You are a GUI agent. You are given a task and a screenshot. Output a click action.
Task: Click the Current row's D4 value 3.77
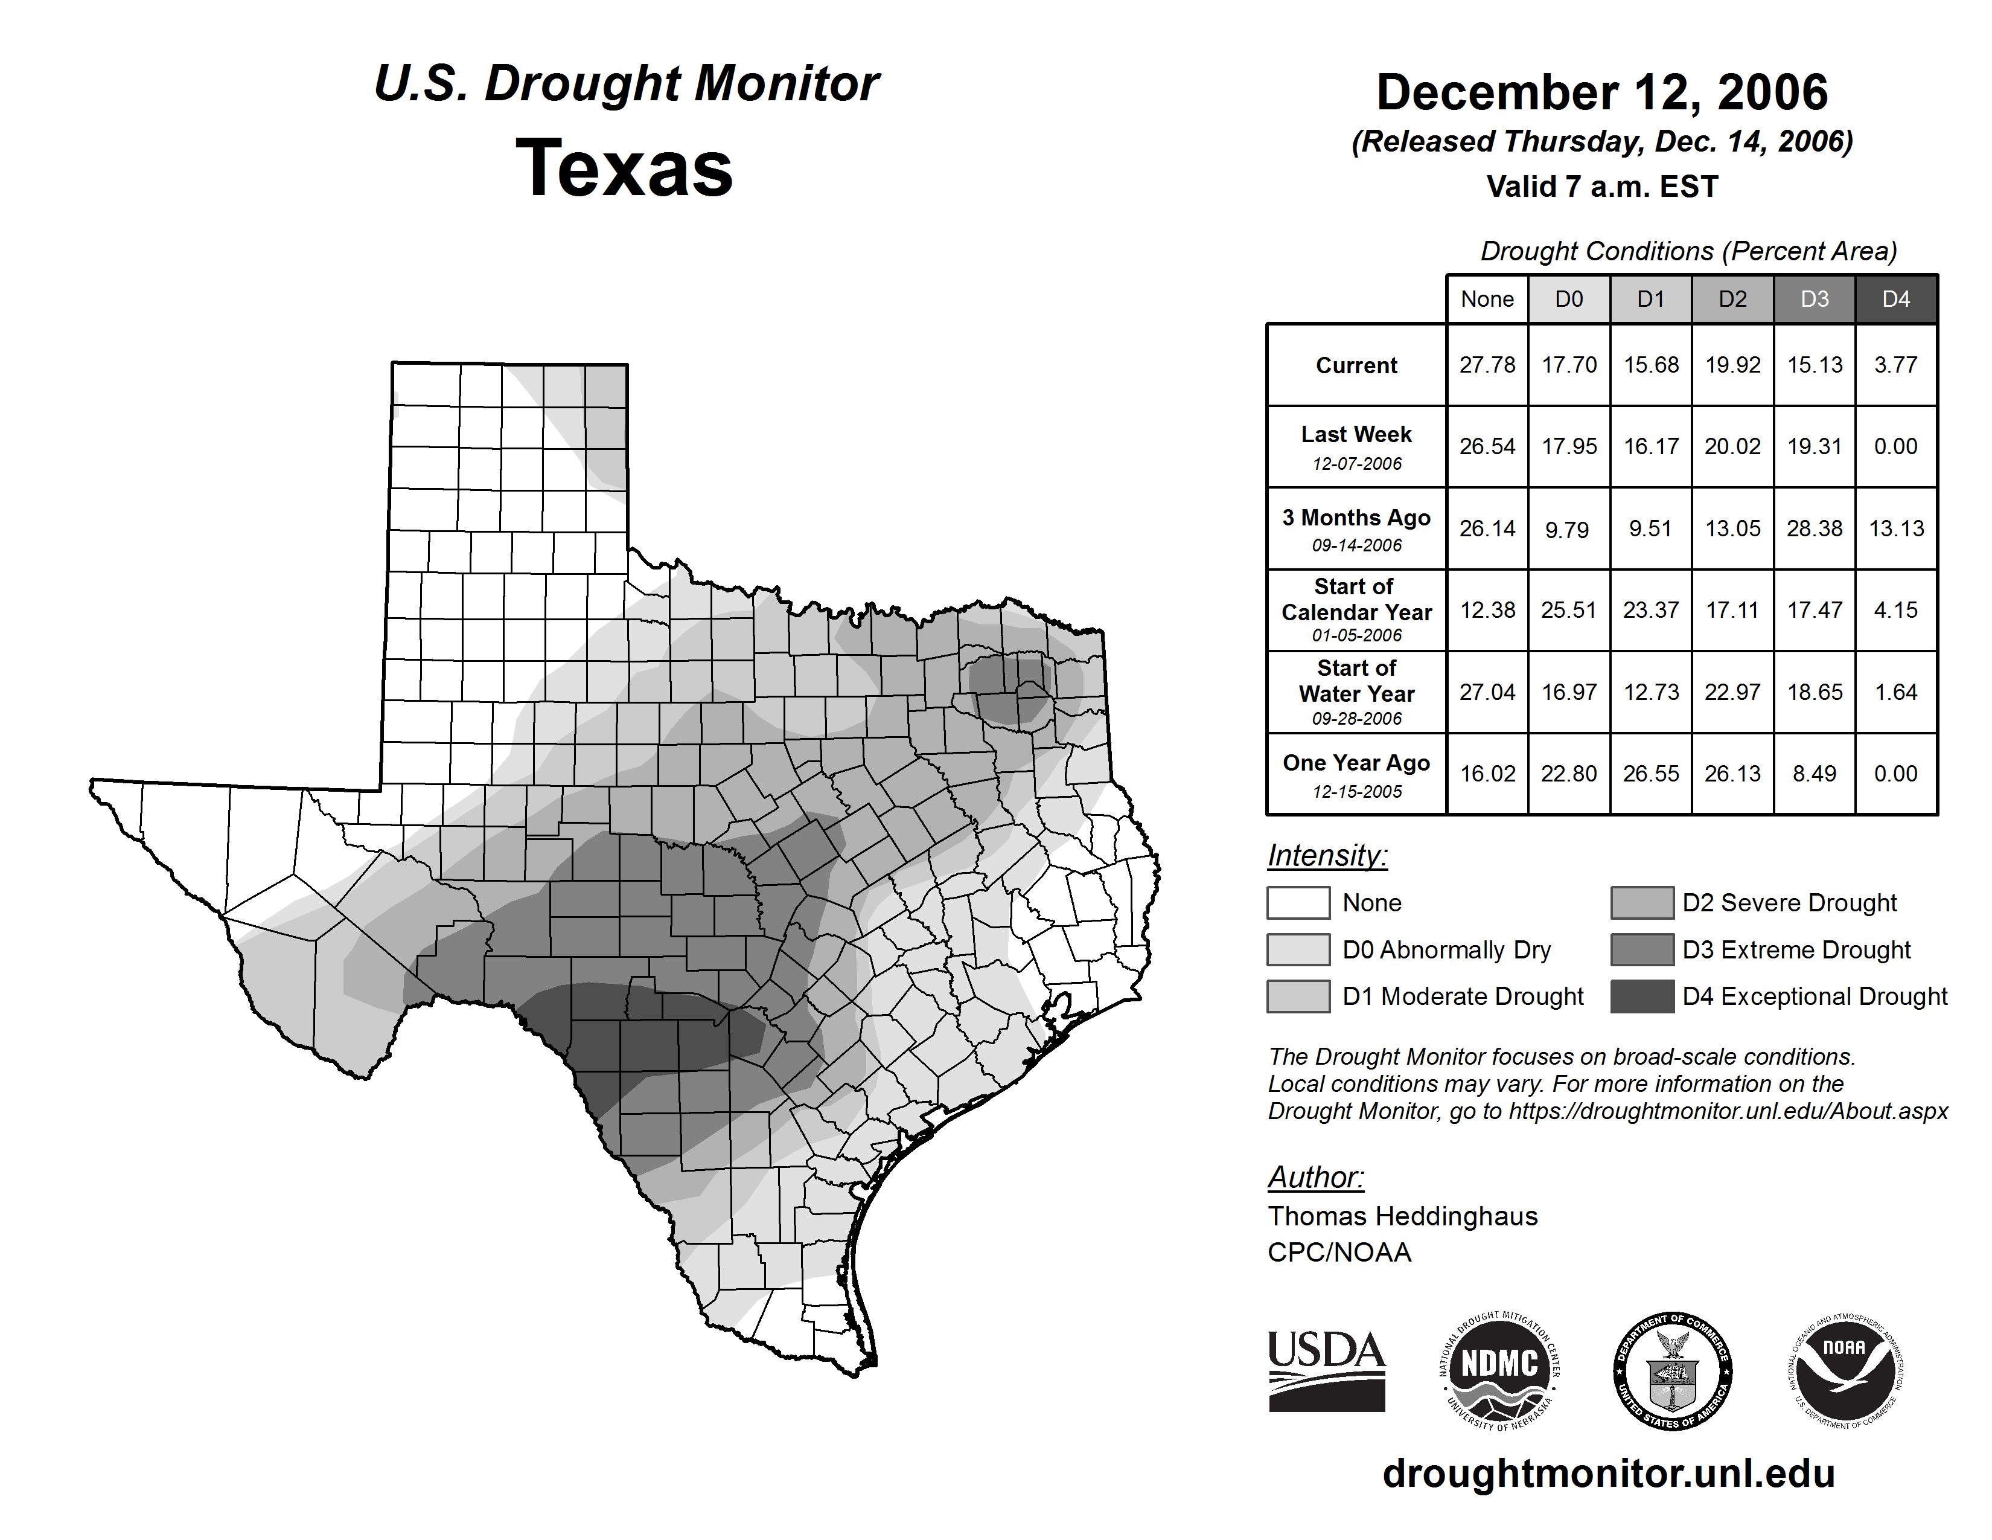pos(1895,365)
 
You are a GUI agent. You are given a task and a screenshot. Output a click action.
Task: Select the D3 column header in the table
pos(1814,299)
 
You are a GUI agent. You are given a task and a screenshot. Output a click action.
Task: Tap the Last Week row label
pos(1356,446)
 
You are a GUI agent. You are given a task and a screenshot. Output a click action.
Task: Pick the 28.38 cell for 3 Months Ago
pos(1814,528)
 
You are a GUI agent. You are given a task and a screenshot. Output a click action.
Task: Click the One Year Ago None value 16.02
pos(1487,774)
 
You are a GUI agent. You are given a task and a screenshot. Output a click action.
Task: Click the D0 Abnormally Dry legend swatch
pos(1298,950)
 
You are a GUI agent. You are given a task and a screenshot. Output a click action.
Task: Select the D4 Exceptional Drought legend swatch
pos(1642,996)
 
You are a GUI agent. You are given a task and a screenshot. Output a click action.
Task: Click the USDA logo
pos(1326,1370)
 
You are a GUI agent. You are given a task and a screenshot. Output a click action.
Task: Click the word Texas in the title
pos(624,168)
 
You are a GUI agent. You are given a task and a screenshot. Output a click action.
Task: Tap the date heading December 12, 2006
pos(1601,93)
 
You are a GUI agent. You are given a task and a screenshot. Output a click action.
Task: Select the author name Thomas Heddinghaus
pos(1402,1216)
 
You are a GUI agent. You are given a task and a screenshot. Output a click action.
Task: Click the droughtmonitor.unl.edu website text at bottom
pos(1608,1474)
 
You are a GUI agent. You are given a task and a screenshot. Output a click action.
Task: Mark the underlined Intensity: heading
pos(1327,856)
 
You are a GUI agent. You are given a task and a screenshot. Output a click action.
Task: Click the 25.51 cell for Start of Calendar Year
pos(1569,609)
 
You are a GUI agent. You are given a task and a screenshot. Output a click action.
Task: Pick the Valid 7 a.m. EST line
pos(1601,187)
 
